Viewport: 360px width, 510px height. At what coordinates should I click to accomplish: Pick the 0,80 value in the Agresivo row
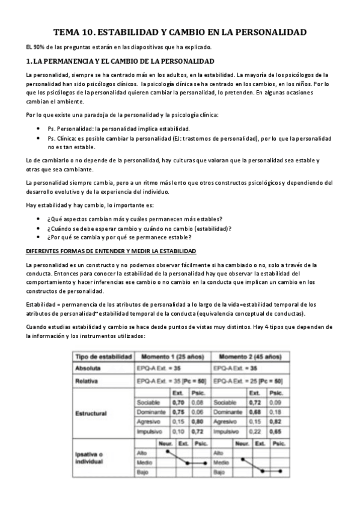point(197,423)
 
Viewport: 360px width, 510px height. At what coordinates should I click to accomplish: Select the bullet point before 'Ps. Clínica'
point(38,138)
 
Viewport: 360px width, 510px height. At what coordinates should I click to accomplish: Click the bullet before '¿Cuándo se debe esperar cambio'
point(38,228)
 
